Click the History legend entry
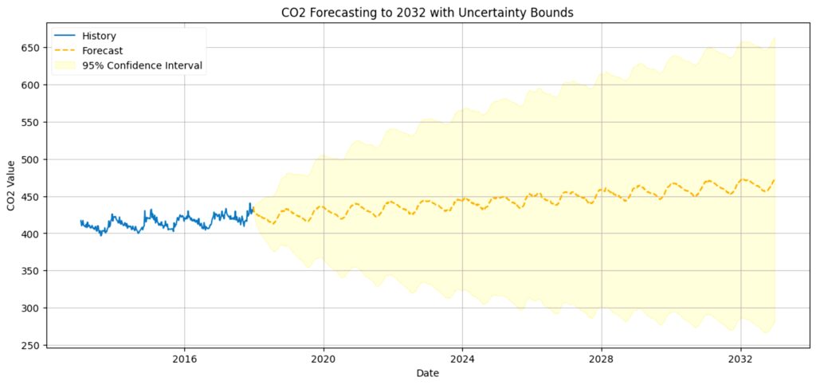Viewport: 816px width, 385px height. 99,37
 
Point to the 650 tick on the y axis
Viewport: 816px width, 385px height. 34,48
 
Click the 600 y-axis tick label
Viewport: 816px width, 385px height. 34,84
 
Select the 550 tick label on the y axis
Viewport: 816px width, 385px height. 34,122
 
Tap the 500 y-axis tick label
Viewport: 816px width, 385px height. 34,159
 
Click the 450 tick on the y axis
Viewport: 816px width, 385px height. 34,197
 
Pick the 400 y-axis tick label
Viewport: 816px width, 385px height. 34,234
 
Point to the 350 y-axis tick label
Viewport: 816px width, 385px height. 34,271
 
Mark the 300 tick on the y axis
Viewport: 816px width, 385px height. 34,308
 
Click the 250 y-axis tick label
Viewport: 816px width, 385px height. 34,345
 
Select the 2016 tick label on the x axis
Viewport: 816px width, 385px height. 184,359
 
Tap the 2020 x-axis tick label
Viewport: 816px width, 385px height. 324,359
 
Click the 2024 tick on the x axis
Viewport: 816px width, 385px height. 462,359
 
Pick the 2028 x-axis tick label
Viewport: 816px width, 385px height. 601,359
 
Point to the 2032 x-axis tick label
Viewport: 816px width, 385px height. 740,359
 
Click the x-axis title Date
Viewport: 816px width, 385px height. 428,373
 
